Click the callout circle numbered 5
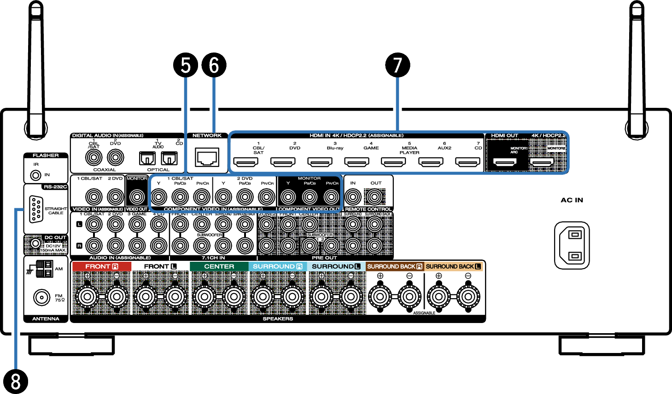pos(186,65)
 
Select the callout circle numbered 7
pos(397,65)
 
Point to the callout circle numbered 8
pos(15,382)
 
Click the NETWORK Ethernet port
pos(207,158)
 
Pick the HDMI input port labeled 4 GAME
pos(357,162)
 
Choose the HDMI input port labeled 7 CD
pos(467,162)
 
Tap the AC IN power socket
pos(572,245)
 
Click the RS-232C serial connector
pos(36,210)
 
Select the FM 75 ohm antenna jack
pos(42,297)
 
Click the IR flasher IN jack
pos(35,175)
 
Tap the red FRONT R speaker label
pos(101,266)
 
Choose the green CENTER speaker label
pos(219,266)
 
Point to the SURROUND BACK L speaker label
pos(453,266)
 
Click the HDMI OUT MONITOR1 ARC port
pos(505,162)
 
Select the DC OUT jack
pos(35,243)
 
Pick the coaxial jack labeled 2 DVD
pos(115,158)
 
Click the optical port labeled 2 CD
pos(169,159)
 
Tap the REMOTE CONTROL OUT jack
pos(374,197)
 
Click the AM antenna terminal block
pos(44,269)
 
